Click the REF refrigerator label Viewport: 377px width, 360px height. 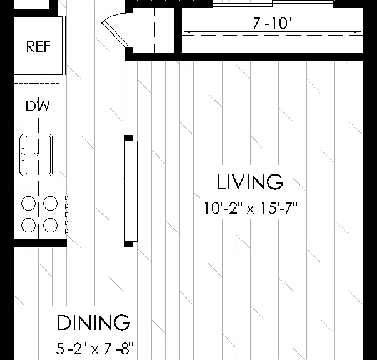tap(38, 46)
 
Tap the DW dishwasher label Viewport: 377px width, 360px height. tap(38, 106)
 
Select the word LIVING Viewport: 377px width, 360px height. tap(250, 182)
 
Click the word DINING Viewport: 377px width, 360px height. tap(94, 322)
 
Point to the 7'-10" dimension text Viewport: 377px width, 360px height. tap(272, 23)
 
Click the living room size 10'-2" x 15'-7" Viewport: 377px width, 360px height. tap(251, 208)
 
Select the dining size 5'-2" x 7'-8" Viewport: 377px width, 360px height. tap(95, 349)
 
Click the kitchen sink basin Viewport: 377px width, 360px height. tap(39, 155)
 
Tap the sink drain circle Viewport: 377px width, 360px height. tap(36, 154)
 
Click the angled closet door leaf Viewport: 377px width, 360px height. tap(114, 34)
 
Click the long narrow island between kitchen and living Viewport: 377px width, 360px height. tap(131, 191)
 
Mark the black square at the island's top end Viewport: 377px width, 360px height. tap(129, 138)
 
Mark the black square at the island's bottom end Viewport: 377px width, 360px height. tap(129, 244)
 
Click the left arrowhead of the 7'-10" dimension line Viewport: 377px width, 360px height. tap(187, 32)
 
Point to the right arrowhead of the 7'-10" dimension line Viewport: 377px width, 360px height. tap(358, 32)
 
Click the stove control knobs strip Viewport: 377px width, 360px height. tap(67, 214)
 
